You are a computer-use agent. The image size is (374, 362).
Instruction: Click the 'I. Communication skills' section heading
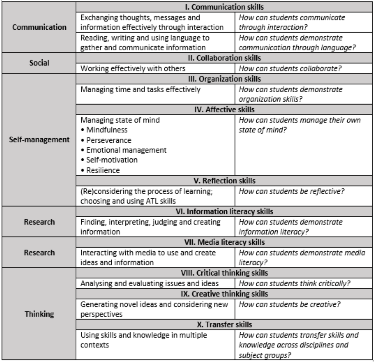(224, 7)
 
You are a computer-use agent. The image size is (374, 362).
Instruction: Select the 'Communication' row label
(39, 27)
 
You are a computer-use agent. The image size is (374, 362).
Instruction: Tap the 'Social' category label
(39, 63)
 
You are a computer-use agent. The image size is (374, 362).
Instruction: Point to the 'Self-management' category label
(39, 140)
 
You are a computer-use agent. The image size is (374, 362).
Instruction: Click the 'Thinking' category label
(39, 314)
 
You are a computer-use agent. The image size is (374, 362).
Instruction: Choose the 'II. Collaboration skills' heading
(224, 58)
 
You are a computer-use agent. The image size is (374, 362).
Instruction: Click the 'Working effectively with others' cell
(133, 68)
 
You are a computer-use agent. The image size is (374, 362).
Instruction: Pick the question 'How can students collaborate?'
(290, 68)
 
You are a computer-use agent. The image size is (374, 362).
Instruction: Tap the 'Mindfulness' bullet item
(107, 130)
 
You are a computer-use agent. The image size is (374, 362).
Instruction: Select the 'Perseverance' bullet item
(109, 140)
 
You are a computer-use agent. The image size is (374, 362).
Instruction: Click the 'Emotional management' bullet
(126, 150)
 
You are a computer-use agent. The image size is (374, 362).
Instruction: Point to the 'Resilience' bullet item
(103, 170)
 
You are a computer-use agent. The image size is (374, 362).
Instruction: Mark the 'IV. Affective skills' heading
(224, 109)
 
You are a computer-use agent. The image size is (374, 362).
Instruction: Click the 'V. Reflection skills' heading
(224, 181)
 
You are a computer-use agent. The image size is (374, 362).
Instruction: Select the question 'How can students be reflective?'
(291, 191)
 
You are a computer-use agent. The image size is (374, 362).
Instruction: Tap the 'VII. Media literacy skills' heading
(224, 242)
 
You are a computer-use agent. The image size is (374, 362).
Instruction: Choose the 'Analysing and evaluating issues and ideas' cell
(149, 283)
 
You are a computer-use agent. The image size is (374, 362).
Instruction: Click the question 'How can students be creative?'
(289, 304)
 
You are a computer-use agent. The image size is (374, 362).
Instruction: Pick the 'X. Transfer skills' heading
(224, 324)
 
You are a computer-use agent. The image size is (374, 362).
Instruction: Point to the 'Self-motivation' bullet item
(112, 160)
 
